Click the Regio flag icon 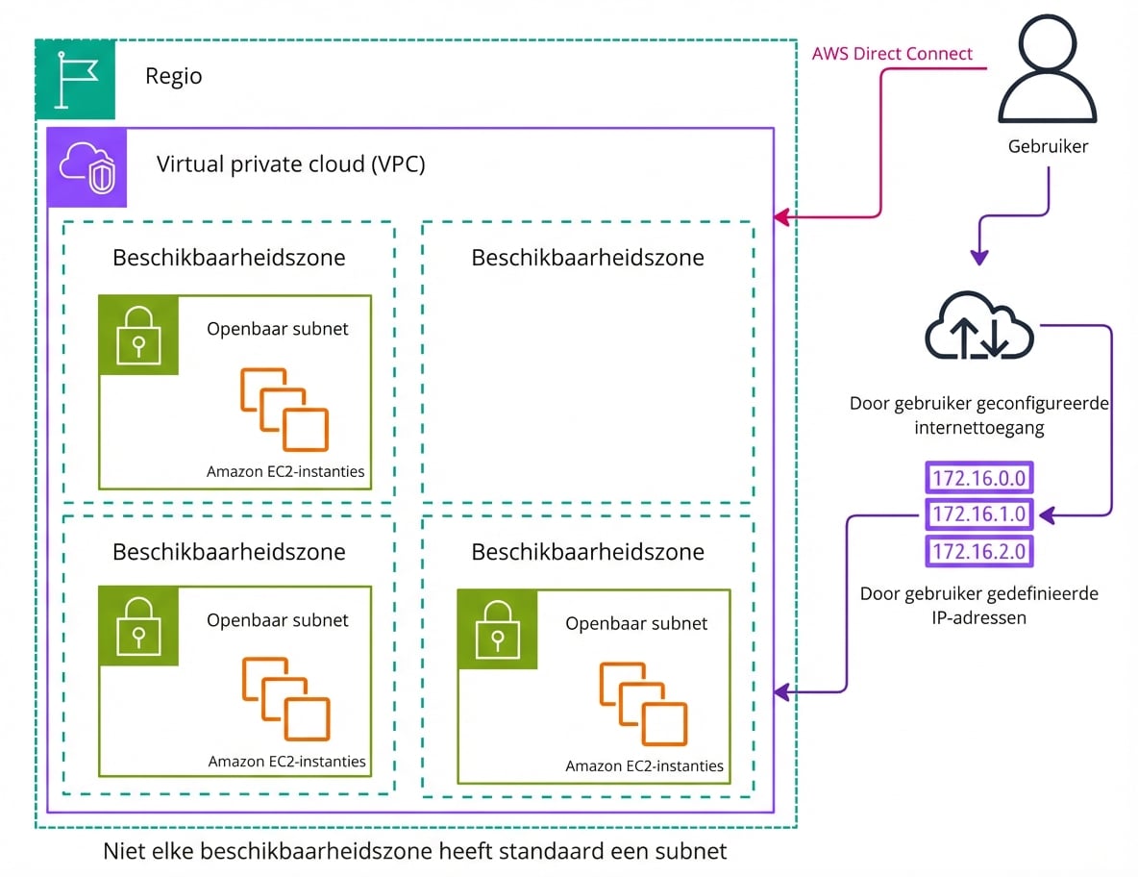point(76,80)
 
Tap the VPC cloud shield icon point(87,167)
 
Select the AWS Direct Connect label point(892,54)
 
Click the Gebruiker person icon point(1047,72)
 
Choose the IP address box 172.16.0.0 point(979,478)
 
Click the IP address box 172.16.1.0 point(979,514)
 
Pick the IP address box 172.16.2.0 point(979,551)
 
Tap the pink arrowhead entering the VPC point(782,217)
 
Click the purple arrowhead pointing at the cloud point(978,257)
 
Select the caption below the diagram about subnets point(414,851)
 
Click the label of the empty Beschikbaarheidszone point(587,258)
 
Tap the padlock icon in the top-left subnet point(139,335)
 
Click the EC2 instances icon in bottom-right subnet point(643,704)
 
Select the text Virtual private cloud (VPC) point(290,163)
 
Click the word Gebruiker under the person point(1048,147)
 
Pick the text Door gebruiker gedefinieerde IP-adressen point(978,606)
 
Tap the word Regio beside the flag point(174,76)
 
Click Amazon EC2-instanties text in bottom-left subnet point(286,762)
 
